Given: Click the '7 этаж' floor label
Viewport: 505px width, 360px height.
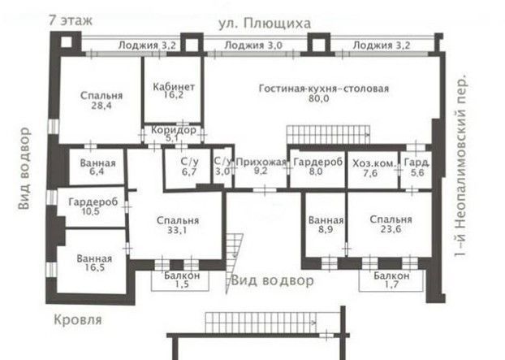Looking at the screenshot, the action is [71, 20].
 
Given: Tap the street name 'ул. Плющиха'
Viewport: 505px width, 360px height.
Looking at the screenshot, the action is [265, 24].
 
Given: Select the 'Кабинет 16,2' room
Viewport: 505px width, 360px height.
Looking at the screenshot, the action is [173, 90].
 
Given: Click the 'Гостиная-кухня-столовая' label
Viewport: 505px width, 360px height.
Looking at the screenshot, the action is [324, 89].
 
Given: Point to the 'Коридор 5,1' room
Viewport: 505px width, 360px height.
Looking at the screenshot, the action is [173, 134].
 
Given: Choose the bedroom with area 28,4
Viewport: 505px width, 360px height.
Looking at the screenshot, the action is [101, 100].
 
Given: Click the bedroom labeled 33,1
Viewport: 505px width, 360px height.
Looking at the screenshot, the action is [178, 224].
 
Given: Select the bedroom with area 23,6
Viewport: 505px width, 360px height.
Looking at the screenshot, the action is [391, 223].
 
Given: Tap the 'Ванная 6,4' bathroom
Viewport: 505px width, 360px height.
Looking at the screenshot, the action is [97, 167].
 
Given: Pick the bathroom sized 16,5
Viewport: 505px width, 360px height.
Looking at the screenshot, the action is [94, 262].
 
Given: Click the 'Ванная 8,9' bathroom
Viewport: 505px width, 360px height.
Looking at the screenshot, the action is [326, 224].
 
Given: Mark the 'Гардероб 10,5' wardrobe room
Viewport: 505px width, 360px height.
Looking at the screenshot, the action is [93, 206].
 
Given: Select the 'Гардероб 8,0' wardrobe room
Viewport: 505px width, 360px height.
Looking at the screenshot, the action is [317, 167].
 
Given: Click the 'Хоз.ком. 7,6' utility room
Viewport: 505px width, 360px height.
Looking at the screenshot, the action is [373, 167].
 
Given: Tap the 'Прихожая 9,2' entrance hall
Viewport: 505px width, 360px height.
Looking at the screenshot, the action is [261, 166].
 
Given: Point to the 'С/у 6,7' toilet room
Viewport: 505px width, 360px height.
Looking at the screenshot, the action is [189, 167].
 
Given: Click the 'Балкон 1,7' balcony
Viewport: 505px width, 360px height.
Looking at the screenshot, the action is [391, 280].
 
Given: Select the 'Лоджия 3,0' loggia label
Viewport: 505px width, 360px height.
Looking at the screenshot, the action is [253, 46].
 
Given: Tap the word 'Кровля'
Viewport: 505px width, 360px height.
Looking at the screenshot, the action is [78, 320].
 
